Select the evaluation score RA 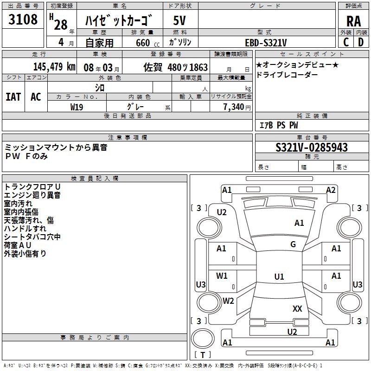coord(353,21)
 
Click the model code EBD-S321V coord(266,42)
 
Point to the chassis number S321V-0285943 coord(311,148)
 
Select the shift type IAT coord(13,97)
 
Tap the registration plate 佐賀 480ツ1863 coord(175,67)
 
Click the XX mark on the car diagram coord(297,308)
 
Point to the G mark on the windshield coord(293,244)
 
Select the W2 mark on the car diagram coord(228,301)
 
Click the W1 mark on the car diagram coord(222,276)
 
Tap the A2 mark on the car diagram coord(330,190)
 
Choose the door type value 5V coord(180,21)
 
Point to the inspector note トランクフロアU coord(32,186)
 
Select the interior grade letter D coord(361,42)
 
